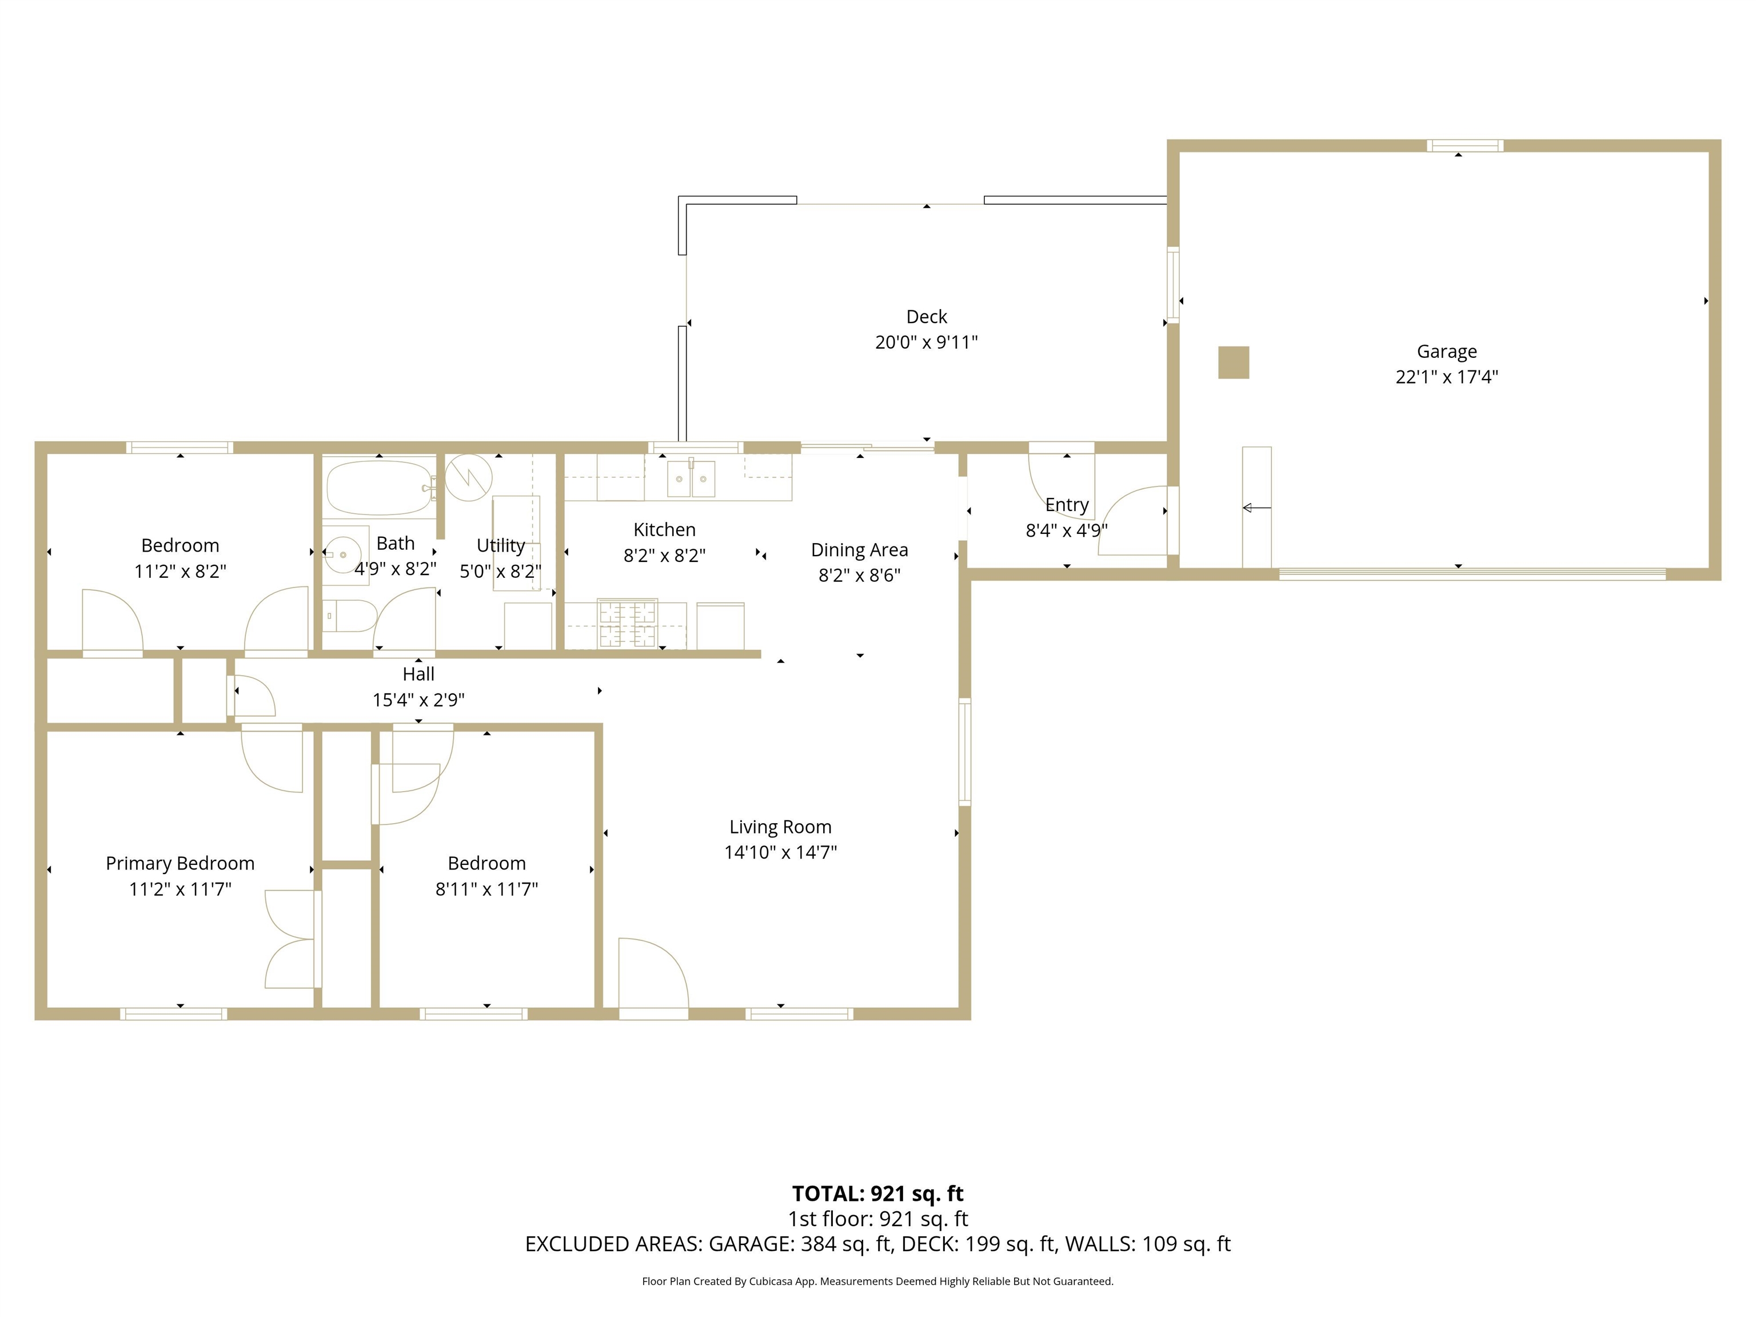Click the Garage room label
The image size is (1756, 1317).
(x=1446, y=352)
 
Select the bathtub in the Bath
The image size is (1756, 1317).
(x=378, y=488)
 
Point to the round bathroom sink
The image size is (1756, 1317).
(x=344, y=554)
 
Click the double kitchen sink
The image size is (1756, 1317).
(x=691, y=478)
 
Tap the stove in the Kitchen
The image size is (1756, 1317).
(x=627, y=623)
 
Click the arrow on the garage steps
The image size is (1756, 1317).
(x=1256, y=507)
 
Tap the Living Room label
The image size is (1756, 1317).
(x=780, y=827)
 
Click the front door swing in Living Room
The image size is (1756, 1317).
(x=653, y=976)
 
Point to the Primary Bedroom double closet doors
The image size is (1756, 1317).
(x=292, y=939)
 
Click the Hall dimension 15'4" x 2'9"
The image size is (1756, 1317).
(x=418, y=700)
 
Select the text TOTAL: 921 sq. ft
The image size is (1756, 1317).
(x=877, y=1193)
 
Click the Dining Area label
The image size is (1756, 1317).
(x=859, y=549)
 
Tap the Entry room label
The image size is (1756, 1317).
(x=1066, y=504)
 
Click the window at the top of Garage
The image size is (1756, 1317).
(x=1464, y=145)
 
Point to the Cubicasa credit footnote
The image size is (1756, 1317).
(x=877, y=1280)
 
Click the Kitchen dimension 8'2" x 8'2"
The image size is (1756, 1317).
(x=664, y=555)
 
